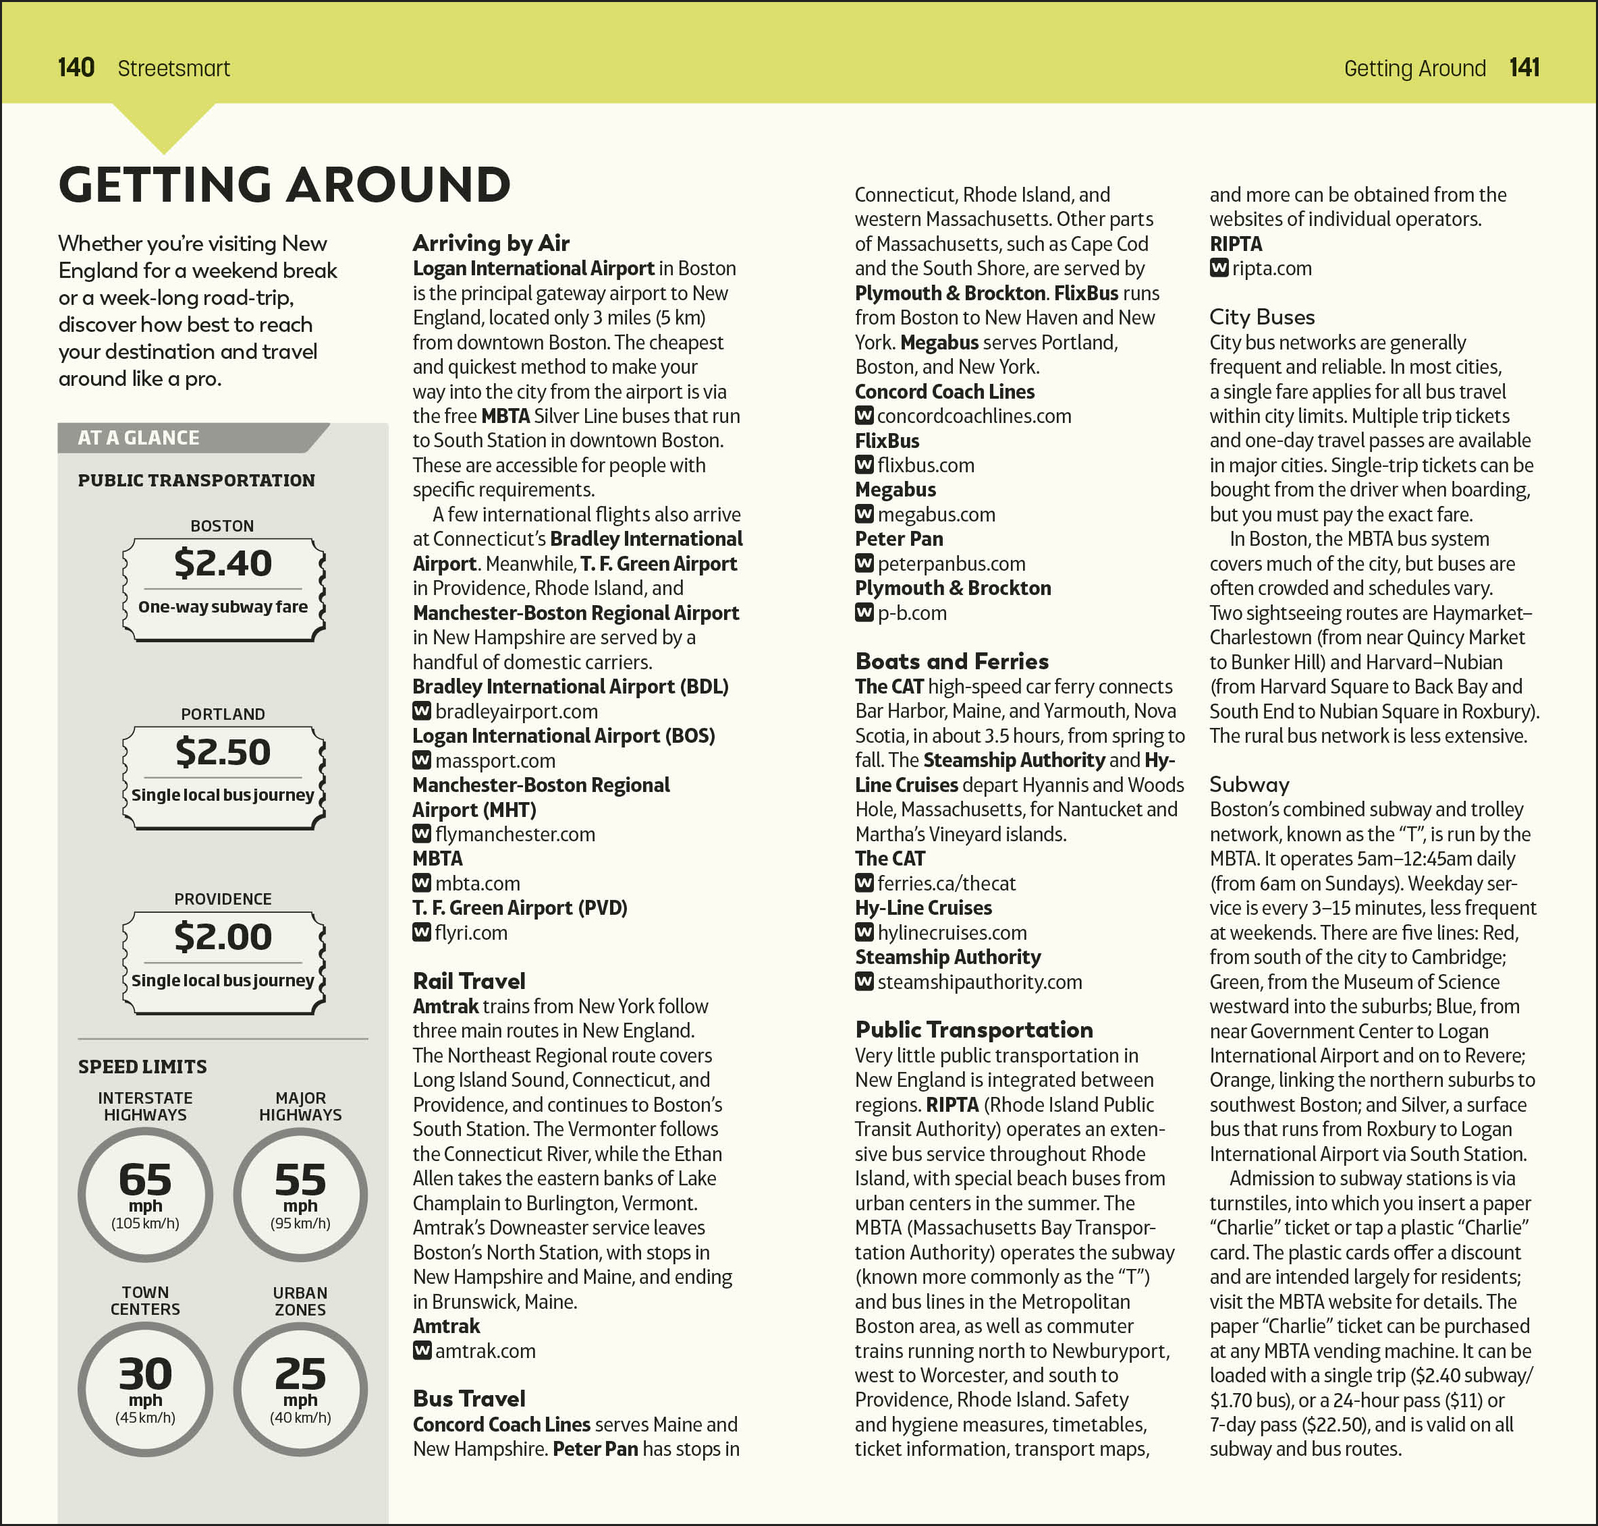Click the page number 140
click(76, 67)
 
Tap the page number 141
click(1524, 67)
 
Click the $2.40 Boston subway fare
click(223, 563)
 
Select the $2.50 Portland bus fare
click(223, 752)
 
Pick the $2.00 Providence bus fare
click(223, 936)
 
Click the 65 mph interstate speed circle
click(146, 1194)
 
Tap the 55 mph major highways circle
click(300, 1194)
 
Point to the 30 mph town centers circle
click(146, 1388)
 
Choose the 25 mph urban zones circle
click(300, 1388)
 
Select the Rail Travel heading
click(468, 980)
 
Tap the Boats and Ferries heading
click(951, 660)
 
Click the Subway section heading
click(1249, 784)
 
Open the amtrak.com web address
click(485, 1351)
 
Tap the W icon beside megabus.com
click(864, 514)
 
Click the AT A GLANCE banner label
click(138, 438)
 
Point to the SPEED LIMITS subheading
click(142, 1067)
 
